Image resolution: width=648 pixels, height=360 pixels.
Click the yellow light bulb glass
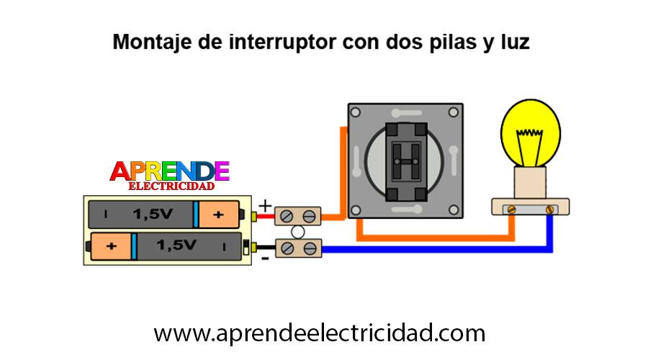(531, 133)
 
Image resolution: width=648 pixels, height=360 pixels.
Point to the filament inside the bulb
(530, 147)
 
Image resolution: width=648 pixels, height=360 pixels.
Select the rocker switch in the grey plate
(406, 161)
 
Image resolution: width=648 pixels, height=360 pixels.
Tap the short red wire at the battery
(266, 216)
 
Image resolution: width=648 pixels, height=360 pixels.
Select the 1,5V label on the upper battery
(153, 214)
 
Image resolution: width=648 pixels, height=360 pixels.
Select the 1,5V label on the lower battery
(176, 246)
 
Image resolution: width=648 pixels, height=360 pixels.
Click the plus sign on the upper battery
(218, 215)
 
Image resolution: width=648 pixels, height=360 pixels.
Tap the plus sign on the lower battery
(111, 246)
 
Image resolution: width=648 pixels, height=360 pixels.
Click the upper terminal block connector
(297, 216)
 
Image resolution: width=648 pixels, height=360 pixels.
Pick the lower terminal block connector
(298, 248)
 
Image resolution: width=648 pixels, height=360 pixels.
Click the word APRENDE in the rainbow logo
(169, 171)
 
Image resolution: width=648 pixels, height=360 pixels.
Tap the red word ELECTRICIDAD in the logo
(171, 186)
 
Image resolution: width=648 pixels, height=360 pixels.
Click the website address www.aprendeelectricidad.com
(320, 333)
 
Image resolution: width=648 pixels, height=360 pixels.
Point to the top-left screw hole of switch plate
(356, 112)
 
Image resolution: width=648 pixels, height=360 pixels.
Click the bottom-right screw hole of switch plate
(454, 210)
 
